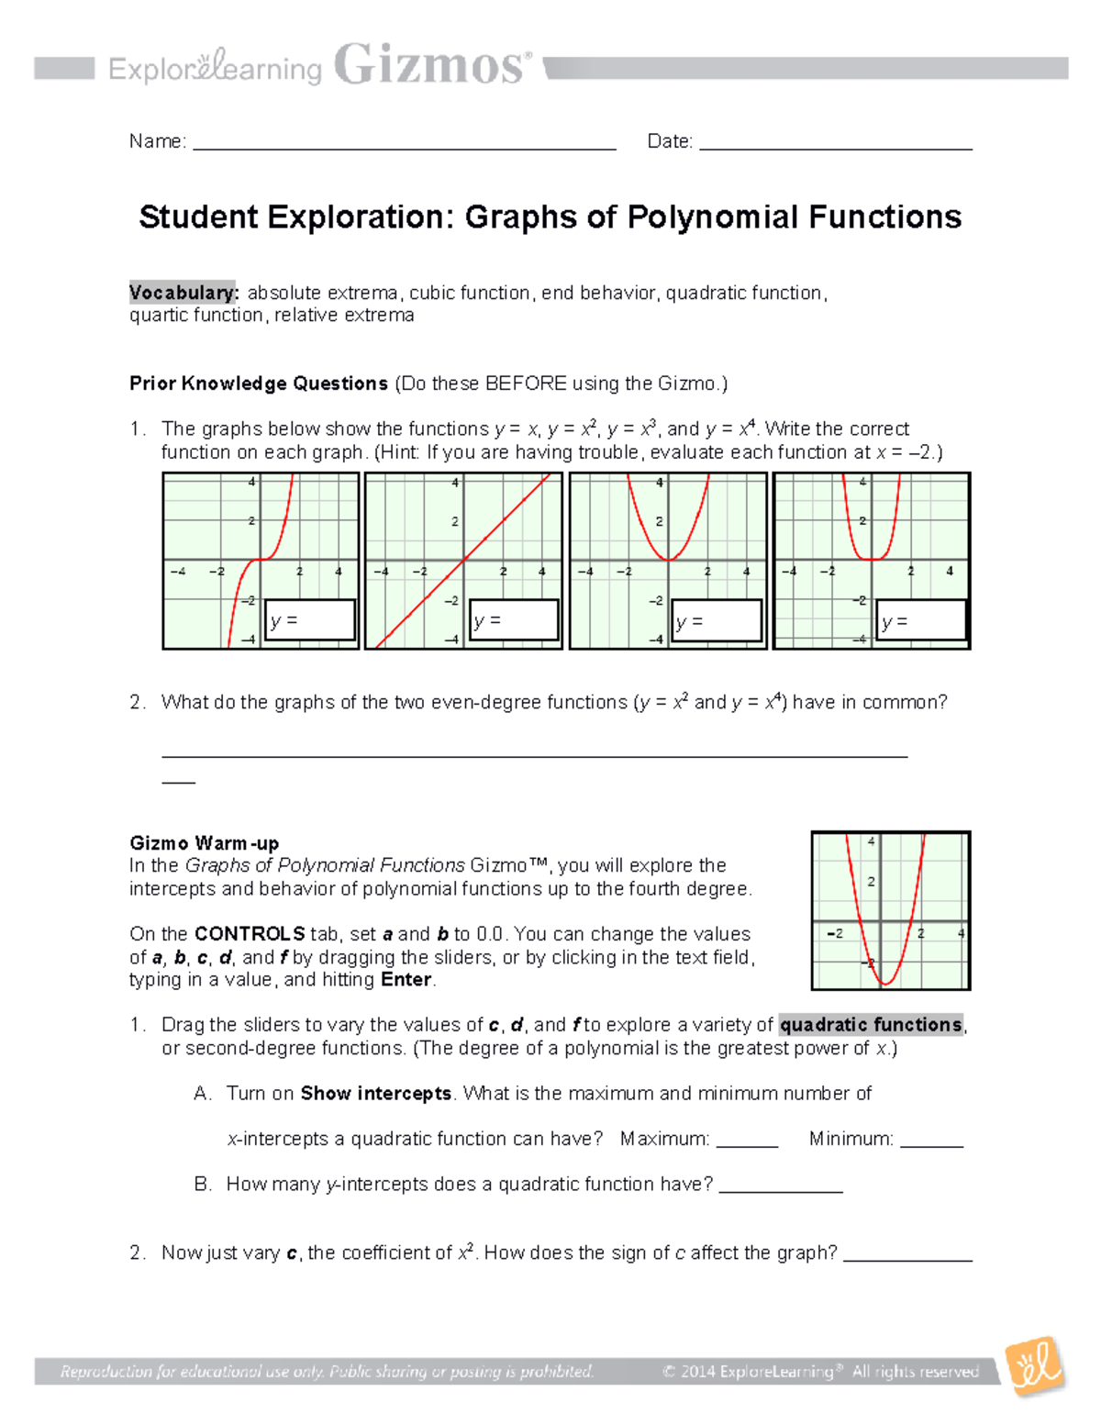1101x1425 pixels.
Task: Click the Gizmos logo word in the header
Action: [431, 66]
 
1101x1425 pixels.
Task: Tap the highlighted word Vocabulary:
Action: [183, 293]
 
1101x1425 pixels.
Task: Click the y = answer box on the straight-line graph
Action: [514, 620]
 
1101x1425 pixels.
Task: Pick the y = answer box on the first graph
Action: [310, 620]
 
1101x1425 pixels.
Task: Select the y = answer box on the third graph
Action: [717, 620]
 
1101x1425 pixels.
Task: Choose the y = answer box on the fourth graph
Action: [920, 620]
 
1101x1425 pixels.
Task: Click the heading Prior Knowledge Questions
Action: [259, 384]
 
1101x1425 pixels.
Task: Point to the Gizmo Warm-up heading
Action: [204, 843]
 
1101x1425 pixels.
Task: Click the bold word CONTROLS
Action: [250, 934]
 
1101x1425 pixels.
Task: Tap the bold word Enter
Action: [406, 980]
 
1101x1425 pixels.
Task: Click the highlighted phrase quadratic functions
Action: [871, 1025]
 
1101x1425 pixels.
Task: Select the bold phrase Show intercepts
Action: [375, 1094]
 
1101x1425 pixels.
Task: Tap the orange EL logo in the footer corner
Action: [1034, 1366]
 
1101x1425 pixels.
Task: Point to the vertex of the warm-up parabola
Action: [885, 984]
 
